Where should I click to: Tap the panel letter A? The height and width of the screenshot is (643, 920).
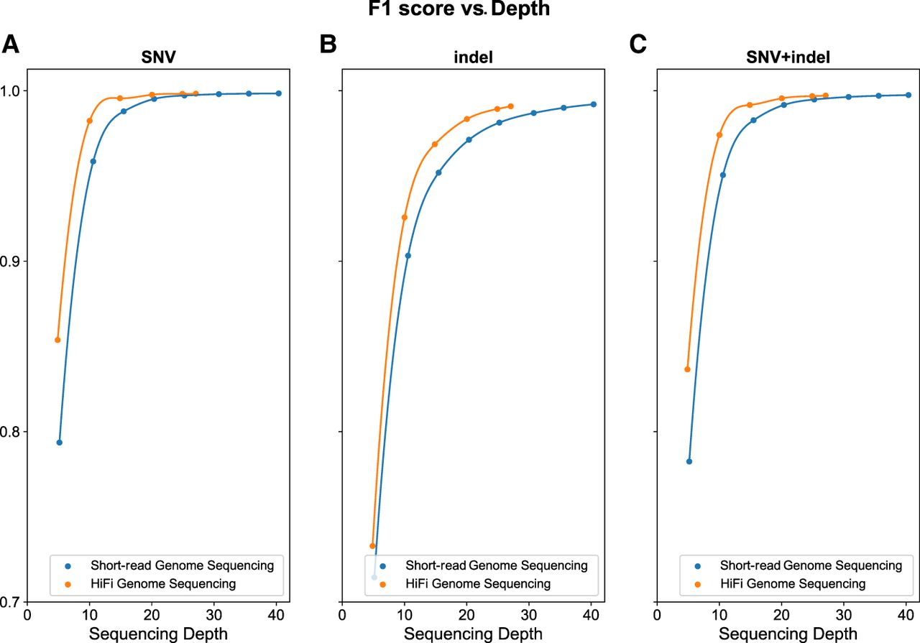tap(10, 44)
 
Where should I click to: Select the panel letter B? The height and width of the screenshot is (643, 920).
tap(328, 44)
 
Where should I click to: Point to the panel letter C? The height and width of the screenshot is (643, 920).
tap(638, 44)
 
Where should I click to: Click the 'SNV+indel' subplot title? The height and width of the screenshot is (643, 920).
tap(788, 57)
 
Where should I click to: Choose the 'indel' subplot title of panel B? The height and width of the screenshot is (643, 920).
tap(473, 57)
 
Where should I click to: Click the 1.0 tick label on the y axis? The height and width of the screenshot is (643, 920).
tap(10, 91)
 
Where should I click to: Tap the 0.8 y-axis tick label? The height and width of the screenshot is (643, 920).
tap(10, 432)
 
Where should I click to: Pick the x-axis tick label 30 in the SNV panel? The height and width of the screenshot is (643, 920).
tap(213, 615)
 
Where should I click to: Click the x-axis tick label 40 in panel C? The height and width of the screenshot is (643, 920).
tap(906, 615)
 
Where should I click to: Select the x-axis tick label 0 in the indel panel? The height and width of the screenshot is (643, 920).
tap(342, 615)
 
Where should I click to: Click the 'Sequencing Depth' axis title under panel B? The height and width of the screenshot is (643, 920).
tap(473, 634)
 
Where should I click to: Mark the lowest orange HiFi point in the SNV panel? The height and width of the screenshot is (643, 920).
tap(57, 340)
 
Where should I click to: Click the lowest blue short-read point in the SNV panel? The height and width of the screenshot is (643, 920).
tap(59, 443)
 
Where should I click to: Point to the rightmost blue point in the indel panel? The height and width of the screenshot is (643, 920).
tap(594, 104)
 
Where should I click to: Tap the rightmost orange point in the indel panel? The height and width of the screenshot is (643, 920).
tap(510, 106)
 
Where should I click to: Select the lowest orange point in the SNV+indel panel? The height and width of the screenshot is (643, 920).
tap(688, 369)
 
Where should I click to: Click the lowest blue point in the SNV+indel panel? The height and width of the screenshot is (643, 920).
tap(689, 461)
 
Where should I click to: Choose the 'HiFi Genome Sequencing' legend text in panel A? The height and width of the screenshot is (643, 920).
tap(163, 584)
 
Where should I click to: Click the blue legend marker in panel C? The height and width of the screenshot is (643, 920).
tap(697, 566)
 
